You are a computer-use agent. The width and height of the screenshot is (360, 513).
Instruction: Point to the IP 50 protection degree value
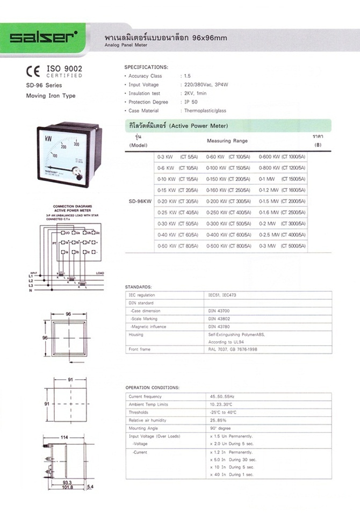(191, 102)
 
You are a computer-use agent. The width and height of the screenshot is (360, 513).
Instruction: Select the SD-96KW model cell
(139, 202)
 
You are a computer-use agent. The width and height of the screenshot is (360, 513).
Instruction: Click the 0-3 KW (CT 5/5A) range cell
(177, 156)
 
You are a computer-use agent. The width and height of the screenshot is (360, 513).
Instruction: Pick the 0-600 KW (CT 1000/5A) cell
(282, 156)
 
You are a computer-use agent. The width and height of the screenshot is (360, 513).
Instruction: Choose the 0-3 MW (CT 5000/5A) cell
(282, 245)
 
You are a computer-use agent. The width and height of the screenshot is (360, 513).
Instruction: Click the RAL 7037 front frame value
(229, 349)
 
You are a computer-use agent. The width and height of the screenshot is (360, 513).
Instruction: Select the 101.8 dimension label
(67, 488)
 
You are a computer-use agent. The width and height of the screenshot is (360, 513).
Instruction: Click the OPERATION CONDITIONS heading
(152, 387)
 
